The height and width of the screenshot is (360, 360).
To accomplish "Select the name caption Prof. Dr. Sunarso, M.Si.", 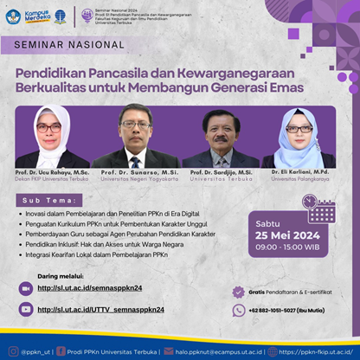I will click(135, 173).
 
